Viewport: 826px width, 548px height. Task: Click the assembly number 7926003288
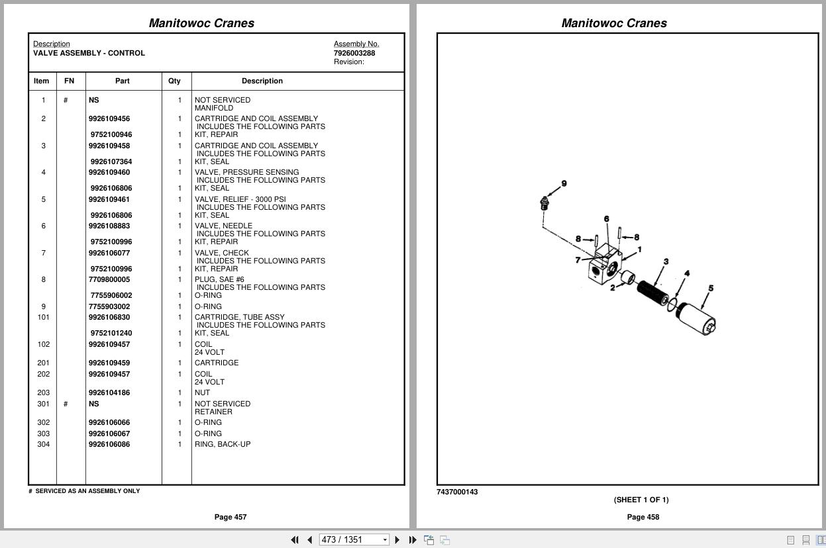coord(354,53)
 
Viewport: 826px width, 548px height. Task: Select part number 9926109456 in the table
coord(109,119)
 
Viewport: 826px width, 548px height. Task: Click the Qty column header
coord(174,81)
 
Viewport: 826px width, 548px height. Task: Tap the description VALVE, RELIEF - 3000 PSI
coord(240,199)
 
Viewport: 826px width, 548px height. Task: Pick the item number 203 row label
coord(44,392)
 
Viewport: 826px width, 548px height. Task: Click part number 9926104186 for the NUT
coord(109,392)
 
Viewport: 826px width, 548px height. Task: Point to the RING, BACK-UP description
coord(222,444)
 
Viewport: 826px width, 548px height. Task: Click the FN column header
coord(69,81)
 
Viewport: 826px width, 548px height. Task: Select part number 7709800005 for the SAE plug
coord(109,279)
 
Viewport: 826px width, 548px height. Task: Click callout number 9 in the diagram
coord(564,184)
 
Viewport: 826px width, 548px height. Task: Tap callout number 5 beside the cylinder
coord(711,289)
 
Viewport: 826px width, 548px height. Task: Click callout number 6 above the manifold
coord(606,219)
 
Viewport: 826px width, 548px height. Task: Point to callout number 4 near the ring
coord(687,273)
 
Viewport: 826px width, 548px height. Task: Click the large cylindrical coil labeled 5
coord(696,318)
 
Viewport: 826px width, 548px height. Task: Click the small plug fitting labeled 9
coord(544,203)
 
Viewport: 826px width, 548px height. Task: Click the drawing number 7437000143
coord(457,492)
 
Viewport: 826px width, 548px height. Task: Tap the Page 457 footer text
coord(231,517)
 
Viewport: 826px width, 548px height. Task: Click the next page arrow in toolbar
coord(397,540)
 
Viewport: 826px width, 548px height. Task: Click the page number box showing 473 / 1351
coord(350,540)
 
